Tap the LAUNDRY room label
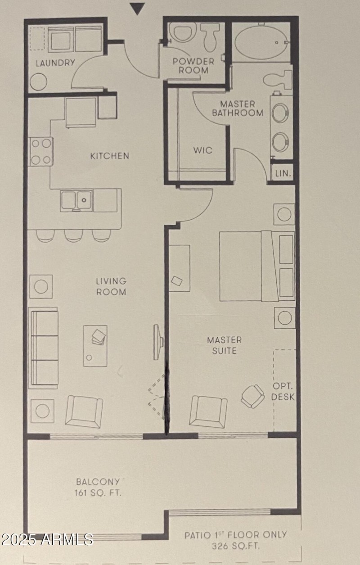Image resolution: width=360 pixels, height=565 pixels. (55, 63)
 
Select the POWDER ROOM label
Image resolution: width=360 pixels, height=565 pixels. (193, 66)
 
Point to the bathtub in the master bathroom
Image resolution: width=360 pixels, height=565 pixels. (261, 42)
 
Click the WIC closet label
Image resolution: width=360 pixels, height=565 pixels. (202, 150)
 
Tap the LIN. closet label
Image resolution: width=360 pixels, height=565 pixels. (283, 173)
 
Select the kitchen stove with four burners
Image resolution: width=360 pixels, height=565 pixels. (41, 152)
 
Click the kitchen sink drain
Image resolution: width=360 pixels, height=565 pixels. (84, 200)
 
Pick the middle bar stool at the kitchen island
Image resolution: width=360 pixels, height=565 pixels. (74, 236)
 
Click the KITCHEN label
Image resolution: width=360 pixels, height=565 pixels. (110, 156)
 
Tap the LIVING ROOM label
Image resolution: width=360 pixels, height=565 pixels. (111, 286)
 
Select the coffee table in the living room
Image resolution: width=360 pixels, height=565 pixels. (95, 346)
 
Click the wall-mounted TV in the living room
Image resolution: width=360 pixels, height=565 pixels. (158, 342)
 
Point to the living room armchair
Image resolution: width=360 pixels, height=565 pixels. (84, 411)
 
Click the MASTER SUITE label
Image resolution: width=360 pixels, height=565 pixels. (225, 345)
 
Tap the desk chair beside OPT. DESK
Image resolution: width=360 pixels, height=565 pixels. (252, 396)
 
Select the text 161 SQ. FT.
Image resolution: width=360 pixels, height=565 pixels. (98, 493)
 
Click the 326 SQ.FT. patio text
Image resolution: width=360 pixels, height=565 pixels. (236, 546)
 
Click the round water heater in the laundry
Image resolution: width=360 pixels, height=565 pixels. (39, 82)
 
